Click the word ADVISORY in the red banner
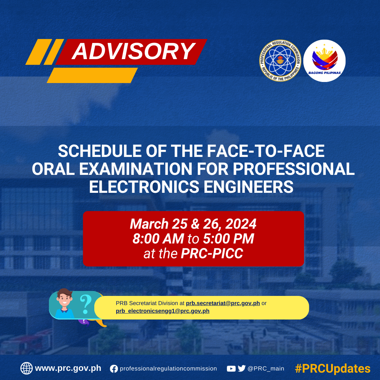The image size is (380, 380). pyautogui.click(x=134, y=51)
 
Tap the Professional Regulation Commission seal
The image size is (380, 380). pyautogui.click(x=280, y=61)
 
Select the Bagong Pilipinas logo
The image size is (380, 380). pyautogui.click(x=324, y=61)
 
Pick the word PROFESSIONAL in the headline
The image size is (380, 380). pyautogui.click(x=294, y=169)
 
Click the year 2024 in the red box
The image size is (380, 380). pyautogui.click(x=241, y=224)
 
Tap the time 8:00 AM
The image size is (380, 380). pyautogui.click(x=158, y=239)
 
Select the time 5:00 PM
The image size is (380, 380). pyautogui.click(x=229, y=239)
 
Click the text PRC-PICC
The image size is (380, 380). pyautogui.click(x=212, y=253)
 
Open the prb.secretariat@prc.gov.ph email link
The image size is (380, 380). pyautogui.click(x=223, y=303)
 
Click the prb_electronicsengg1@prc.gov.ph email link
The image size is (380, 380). pyautogui.click(x=162, y=311)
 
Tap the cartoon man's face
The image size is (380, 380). pyautogui.click(x=64, y=300)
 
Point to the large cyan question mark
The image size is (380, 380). pyautogui.click(x=85, y=304)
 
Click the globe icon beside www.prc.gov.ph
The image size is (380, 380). pyautogui.click(x=26, y=368)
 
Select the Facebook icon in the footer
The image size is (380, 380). pyautogui.click(x=114, y=369)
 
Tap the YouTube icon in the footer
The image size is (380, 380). pyautogui.click(x=231, y=369)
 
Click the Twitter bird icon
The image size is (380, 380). pyautogui.click(x=242, y=368)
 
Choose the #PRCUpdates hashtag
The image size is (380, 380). pyautogui.click(x=332, y=369)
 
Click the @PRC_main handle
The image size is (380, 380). pyautogui.click(x=266, y=369)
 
